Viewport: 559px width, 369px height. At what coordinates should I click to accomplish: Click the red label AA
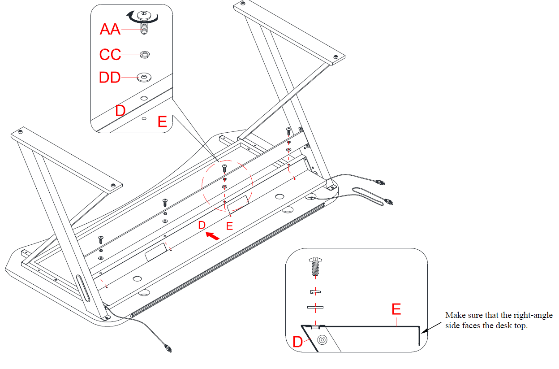tap(110, 29)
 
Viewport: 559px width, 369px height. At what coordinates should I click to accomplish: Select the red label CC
tap(110, 55)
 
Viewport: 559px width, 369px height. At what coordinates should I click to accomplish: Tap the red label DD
tap(110, 78)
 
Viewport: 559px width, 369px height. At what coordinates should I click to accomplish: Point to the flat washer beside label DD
tap(143, 78)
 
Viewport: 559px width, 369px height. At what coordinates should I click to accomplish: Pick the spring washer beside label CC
tap(144, 55)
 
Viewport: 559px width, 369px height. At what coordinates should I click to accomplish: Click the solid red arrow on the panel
tap(213, 235)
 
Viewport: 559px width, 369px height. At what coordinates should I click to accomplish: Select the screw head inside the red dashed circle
tap(224, 167)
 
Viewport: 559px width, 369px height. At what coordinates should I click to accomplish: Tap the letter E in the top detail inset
tap(162, 122)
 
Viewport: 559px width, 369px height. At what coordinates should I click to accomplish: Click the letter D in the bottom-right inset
tap(298, 342)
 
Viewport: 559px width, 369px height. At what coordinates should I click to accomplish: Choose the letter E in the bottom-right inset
tap(396, 309)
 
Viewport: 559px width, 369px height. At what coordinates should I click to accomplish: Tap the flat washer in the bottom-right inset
tap(315, 308)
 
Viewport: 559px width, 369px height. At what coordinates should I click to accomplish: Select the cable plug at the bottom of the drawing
tap(168, 347)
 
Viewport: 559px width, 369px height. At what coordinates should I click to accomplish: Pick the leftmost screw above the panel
tap(100, 238)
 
